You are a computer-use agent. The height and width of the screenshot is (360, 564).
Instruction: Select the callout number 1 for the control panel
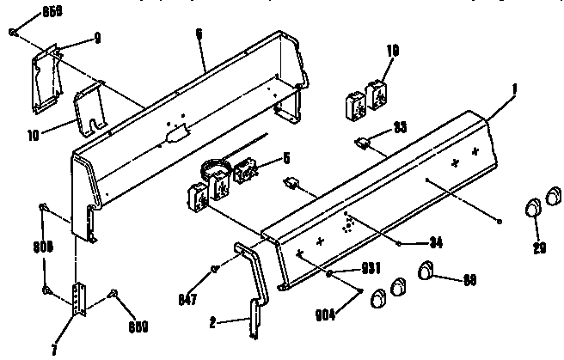(516, 87)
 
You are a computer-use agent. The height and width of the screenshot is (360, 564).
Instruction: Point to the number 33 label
(400, 127)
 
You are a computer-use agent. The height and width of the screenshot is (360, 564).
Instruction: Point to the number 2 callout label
(211, 322)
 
